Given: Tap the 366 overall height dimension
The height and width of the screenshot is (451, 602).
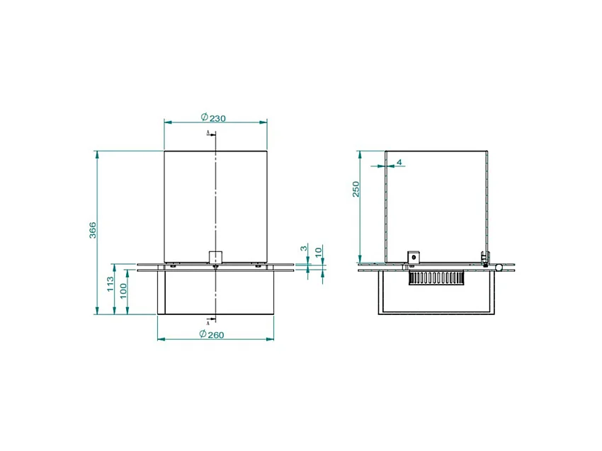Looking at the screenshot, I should [x=92, y=230].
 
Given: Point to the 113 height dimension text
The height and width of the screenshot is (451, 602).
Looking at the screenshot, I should [x=110, y=284].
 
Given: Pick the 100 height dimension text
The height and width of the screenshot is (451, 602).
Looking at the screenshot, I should [x=123, y=290].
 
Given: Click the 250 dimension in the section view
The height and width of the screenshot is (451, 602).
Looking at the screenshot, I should [x=356, y=189].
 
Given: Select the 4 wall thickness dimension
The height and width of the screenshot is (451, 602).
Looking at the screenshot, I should [x=399, y=162].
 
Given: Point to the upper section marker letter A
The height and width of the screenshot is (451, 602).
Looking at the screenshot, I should [x=208, y=133].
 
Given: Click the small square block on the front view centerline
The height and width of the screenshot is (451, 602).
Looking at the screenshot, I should [x=215, y=256].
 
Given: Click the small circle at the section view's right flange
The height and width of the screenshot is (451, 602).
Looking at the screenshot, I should [x=499, y=268].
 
